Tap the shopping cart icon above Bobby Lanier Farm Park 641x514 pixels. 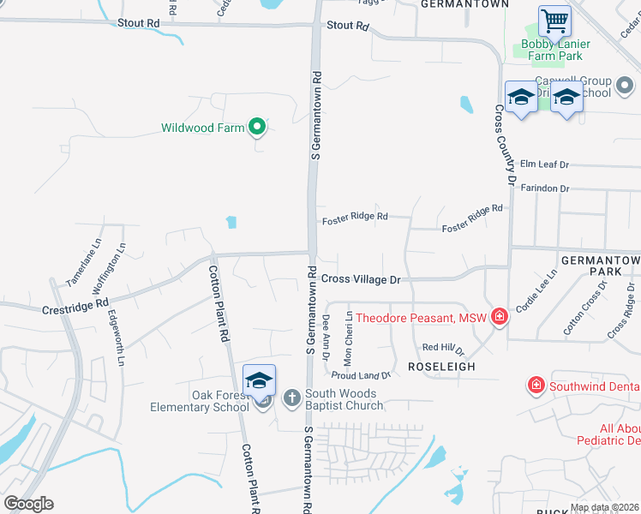tap(554, 20)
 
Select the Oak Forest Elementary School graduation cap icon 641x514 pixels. tap(259, 380)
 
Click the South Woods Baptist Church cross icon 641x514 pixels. tap(291, 397)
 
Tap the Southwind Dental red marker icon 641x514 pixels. tap(536, 385)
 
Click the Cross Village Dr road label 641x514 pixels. tap(361, 279)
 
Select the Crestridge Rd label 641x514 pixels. tap(75, 304)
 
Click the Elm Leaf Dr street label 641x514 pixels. tap(544, 164)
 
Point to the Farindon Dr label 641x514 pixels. tap(545, 188)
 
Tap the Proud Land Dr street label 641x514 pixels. tap(361, 375)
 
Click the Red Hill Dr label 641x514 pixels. tap(442, 348)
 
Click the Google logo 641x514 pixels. tap(28, 503)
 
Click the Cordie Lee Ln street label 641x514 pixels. tap(536, 290)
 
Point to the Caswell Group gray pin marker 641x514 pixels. tap(624, 85)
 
